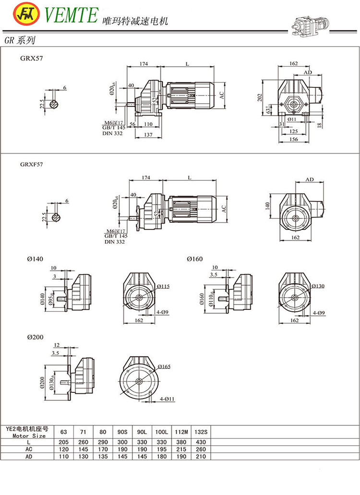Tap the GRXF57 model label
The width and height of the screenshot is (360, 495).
tap(30, 164)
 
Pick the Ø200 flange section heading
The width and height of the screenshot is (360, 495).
tap(36, 337)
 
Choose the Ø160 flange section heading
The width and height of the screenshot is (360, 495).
tap(194, 259)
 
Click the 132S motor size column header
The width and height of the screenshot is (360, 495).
tap(201, 433)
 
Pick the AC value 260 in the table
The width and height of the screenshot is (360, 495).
tap(201, 449)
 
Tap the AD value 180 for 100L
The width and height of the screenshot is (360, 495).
tap(161, 457)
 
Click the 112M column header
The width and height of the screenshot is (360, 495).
tap(181, 433)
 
